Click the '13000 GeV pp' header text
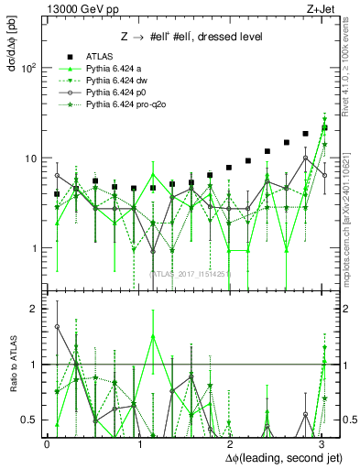(x=76, y=8)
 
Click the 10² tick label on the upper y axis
(x=29, y=68)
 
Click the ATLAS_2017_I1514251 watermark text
(x=191, y=273)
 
